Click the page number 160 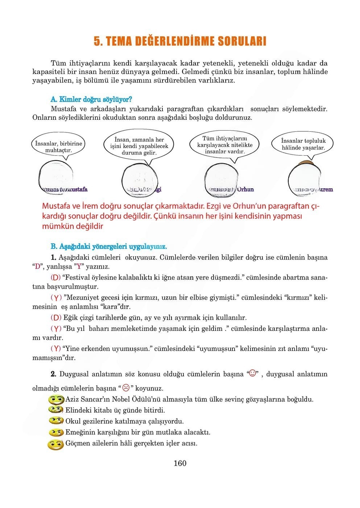coord(180,463)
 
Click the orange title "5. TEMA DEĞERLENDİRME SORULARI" coord(180,41)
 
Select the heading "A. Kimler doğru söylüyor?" coord(91,99)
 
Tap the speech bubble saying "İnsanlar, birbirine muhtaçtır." coord(58,147)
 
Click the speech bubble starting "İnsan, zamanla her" coord(139,146)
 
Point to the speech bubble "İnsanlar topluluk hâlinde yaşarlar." coord(303,144)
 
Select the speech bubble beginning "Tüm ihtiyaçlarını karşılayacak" coord(225,145)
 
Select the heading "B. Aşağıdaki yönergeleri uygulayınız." coord(108,247)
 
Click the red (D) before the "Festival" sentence coord(55,278)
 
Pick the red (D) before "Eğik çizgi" coord(56,317)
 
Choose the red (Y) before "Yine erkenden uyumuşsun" coord(55,348)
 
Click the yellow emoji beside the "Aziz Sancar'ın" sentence coord(56,400)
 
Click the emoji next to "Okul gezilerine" coord(56,421)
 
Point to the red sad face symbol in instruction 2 coord(126,388)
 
